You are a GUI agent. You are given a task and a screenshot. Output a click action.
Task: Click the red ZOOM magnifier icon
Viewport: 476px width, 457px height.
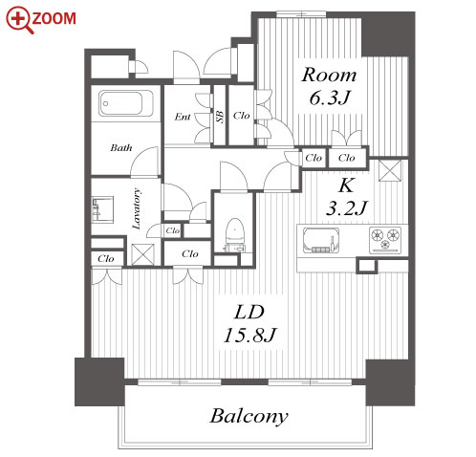point(20,20)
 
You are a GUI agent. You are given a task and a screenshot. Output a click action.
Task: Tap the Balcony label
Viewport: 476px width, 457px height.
point(249,416)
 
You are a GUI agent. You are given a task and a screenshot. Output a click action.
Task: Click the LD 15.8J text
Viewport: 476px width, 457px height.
point(249,324)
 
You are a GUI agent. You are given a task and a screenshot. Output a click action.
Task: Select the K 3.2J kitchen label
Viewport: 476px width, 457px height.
point(347,197)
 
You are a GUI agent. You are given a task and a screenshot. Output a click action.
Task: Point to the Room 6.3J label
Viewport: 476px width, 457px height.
point(329,86)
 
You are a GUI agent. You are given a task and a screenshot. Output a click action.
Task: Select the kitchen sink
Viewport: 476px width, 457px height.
point(320,240)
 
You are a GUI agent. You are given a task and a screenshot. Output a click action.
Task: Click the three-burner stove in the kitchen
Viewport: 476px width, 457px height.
point(385,240)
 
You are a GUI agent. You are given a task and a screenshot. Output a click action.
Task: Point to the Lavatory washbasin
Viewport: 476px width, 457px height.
point(102,209)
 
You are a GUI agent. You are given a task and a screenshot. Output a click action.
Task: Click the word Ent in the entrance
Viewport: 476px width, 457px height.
point(183,117)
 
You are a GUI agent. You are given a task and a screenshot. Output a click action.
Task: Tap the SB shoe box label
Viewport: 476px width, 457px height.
point(220,117)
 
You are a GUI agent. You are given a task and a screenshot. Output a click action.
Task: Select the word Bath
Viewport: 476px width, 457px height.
point(121,148)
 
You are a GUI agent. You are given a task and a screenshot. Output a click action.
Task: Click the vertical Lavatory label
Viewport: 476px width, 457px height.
point(137,208)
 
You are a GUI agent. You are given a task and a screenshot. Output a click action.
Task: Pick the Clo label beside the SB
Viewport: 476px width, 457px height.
point(241,116)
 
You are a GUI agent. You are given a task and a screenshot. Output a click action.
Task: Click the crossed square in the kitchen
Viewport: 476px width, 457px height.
point(390,170)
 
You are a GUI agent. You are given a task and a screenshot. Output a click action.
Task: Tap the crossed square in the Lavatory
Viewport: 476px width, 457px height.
point(143,254)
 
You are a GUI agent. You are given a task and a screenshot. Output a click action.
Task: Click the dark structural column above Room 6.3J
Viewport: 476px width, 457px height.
point(388,34)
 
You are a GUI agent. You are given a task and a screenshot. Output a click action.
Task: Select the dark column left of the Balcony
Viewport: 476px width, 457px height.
point(99,381)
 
